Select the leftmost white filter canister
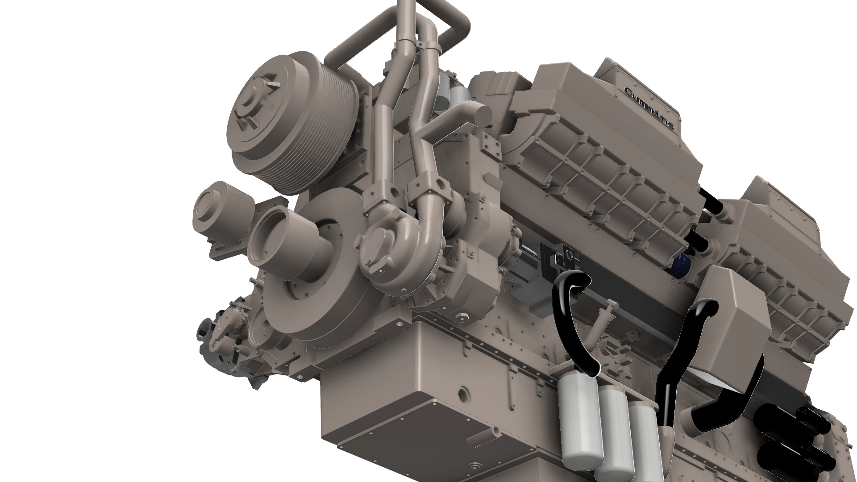[x=576, y=420]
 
